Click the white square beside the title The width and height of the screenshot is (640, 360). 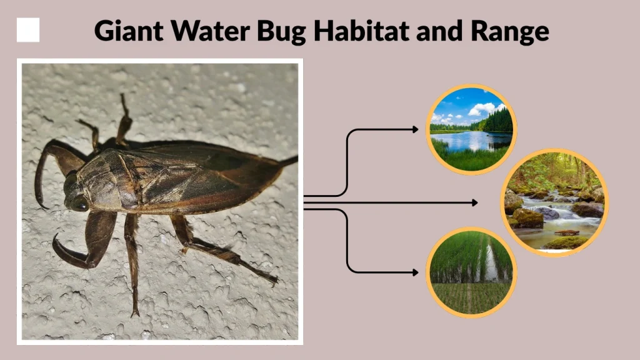click(x=28, y=30)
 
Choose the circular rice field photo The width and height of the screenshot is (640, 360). click(x=471, y=272)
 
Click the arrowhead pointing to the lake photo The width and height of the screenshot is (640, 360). click(x=416, y=129)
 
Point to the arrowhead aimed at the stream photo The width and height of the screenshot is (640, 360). click(x=475, y=202)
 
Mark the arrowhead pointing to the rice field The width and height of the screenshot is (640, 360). click(x=416, y=272)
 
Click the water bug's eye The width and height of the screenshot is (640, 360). click(x=79, y=202)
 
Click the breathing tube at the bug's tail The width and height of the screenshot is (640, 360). click(x=288, y=161)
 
